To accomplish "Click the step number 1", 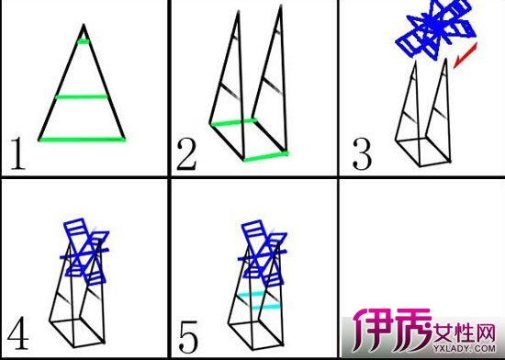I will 17,155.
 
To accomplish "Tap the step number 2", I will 187,156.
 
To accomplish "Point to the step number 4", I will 17,329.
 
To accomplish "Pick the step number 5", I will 187,328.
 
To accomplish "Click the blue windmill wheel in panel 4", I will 89,246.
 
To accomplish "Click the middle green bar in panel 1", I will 83,96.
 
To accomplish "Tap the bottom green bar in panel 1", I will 83,139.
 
